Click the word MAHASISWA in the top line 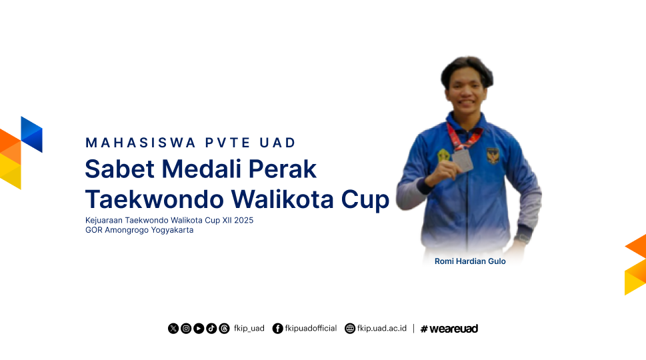[x=141, y=143]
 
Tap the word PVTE [x=228, y=143]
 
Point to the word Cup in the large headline [x=365, y=201]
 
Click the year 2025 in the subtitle [x=243, y=221]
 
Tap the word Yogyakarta [x=172, y=230]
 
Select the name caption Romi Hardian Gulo [x=470, y=261]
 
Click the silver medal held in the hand [x=463, y=160]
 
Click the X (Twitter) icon [x=173, y=328]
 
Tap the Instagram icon [x=186, y=328]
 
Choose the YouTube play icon [x=199, y=328]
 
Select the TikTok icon [x=212, y=328]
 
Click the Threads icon [x=225, y=328]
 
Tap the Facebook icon [x=278, y=328]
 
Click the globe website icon [x=350, y=328]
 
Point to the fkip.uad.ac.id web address [x=382, y=328]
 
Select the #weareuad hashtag [x=449, y=329]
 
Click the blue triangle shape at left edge [x=32, y=134]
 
